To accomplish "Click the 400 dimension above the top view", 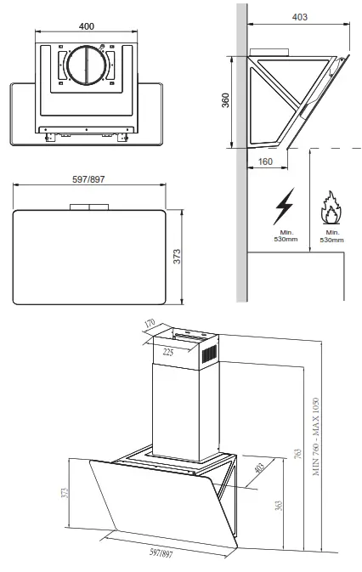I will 86,26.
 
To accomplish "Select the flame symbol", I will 331,209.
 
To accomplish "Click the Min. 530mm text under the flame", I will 331,236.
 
